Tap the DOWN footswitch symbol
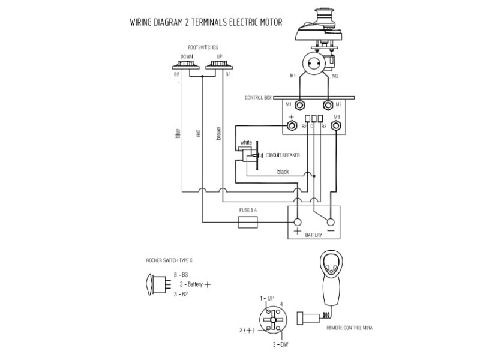point(186,65)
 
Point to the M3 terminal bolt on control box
point(337,125)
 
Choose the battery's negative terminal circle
point(330,221)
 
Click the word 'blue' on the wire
point(178,133)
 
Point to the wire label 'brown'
point(218,133)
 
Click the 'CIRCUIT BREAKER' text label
point(283,155)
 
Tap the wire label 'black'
point(283,172)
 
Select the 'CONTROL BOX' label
point(259,97)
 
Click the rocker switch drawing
point(157,284)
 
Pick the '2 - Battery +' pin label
point(194,284)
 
